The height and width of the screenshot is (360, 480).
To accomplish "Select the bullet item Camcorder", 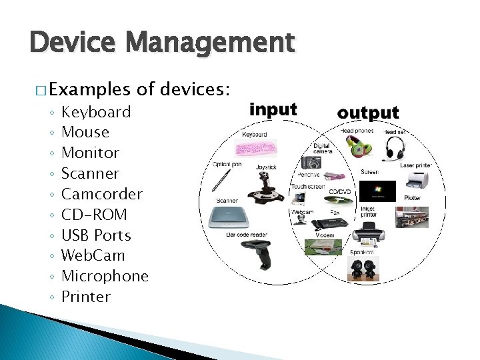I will pos(101,194).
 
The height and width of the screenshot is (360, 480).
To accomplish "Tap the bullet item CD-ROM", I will pos(93,215).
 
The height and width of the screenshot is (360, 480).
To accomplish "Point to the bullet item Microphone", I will pos(105,276).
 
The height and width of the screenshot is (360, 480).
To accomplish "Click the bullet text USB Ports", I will pos(96,235).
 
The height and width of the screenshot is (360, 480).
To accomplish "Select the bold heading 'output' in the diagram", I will pos(368,113).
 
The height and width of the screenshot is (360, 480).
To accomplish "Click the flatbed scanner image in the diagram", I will pos(230,217).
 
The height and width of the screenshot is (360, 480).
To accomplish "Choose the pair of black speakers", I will pos(363,268).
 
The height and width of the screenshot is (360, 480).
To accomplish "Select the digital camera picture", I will pos(310,163).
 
